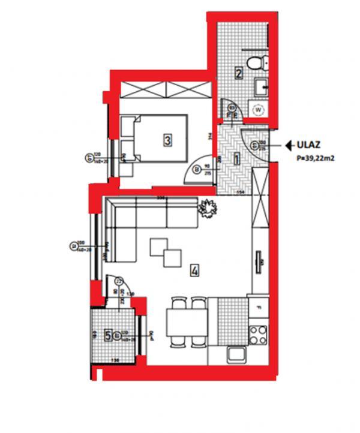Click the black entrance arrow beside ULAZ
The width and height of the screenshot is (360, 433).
pyautogui.click(x=288, y=145)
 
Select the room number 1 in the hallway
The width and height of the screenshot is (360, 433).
pyautogui.click(x=236, y=160)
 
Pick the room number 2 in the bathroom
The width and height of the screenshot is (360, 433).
pyautogui.click(x=239, y=74)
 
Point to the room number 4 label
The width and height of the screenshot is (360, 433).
pyautogui.click(x=194, y=270)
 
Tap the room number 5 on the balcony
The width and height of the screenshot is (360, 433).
pyautogui.click(x=108, y=335)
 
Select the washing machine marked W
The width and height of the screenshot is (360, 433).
pyautogui.click(x=258, y=110)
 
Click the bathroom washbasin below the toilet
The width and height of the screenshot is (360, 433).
pyautogui.click(x=262, y=88)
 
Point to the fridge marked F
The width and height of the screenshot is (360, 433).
pyautogui.click(x=259, y=309)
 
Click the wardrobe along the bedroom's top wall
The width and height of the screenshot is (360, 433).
pyautogui.click(x=166, y=91)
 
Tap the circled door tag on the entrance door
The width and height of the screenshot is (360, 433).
pyautogui.click(x=254, y=145)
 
